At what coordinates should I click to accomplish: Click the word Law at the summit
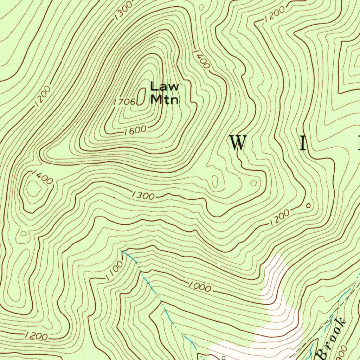coord(165,86)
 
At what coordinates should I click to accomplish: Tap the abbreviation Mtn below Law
coord(165,99)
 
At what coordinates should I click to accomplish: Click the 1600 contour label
coord(135,130)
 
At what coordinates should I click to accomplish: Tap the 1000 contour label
coord(199,287)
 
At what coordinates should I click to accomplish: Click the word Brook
coord(331,337)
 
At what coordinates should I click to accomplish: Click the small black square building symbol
coord(223,358)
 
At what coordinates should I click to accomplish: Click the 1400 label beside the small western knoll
coord(42,177)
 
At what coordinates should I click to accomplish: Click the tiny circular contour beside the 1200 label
coord(308,206)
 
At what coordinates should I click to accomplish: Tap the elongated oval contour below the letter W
coord(214,181)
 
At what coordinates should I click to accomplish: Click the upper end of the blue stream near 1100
coord(122,251)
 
